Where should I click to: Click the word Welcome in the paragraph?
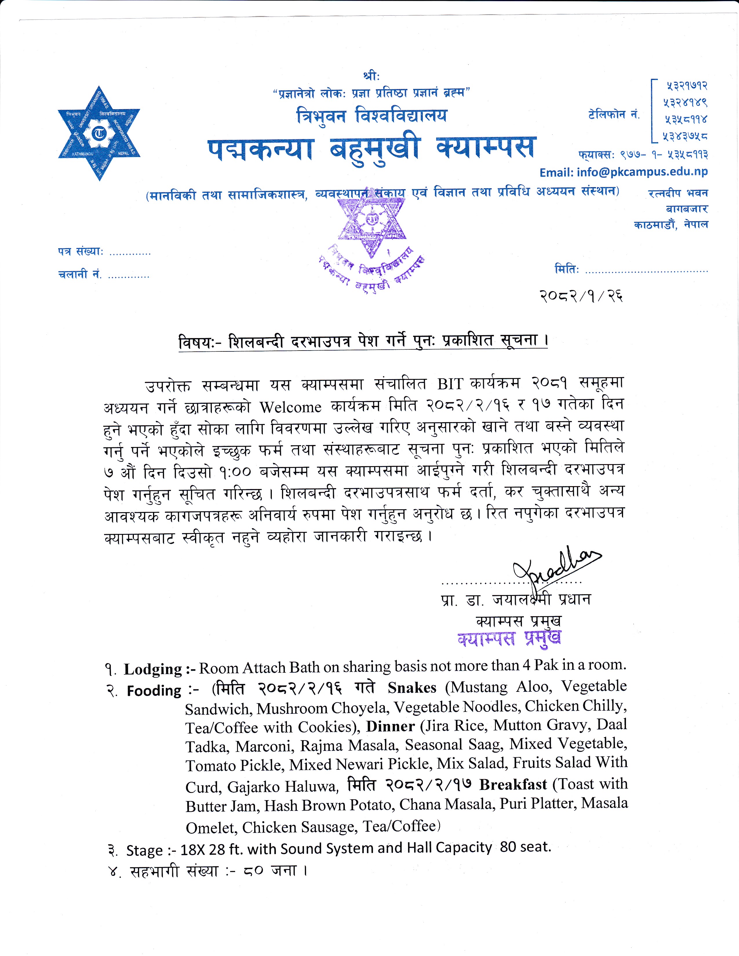click(x=291, y=408)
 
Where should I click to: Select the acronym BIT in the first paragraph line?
click(x=450, y=384)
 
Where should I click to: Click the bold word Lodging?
click(x=153, y=669)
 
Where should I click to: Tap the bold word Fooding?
click(x=154, y=691)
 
